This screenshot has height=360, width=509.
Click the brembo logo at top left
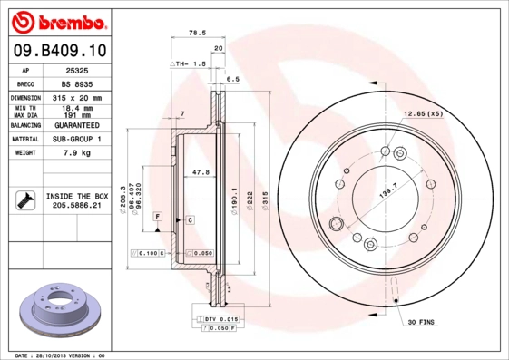coord(59,20)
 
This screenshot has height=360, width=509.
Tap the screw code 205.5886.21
coord(75,206)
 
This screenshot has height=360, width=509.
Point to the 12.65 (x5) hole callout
coord(422,114)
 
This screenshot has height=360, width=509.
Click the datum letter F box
coord(157,218)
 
